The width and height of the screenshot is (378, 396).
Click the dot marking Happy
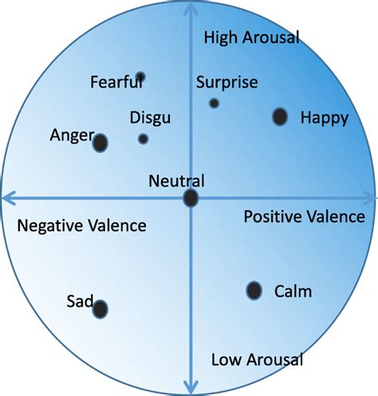click(x=280, y=117)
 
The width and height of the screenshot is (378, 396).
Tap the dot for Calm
click(x=254, y=291)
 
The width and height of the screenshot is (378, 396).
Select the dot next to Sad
click(x=100, y=309)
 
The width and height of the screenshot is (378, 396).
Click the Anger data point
click(x=100, y=143)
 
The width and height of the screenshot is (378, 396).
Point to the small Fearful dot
click(x=140, y=77)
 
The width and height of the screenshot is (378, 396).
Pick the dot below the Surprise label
click(x=214, y=103)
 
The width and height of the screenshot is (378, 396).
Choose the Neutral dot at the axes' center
click(x=191, y=198)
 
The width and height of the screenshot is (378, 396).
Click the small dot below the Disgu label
click(x=143, y=139)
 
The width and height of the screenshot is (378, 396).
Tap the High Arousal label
click(x=250, y=37)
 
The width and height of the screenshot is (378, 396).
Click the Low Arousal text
click(x=257, y=360)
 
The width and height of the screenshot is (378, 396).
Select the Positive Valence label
click(x=304, y=217)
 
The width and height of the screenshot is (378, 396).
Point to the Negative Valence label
click(x=81, y=226)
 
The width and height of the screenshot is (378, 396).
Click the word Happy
click(x=324, y=119)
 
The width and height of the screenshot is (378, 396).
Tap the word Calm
click(x=293, y=292)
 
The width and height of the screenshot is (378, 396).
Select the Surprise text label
click(x=226, y=82)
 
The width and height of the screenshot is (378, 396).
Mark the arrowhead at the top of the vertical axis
click(x=191, y=7)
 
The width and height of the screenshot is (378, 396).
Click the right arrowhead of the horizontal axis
click(x=371, y=197)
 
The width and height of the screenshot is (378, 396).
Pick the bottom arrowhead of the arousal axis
click(x=191, y=389)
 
